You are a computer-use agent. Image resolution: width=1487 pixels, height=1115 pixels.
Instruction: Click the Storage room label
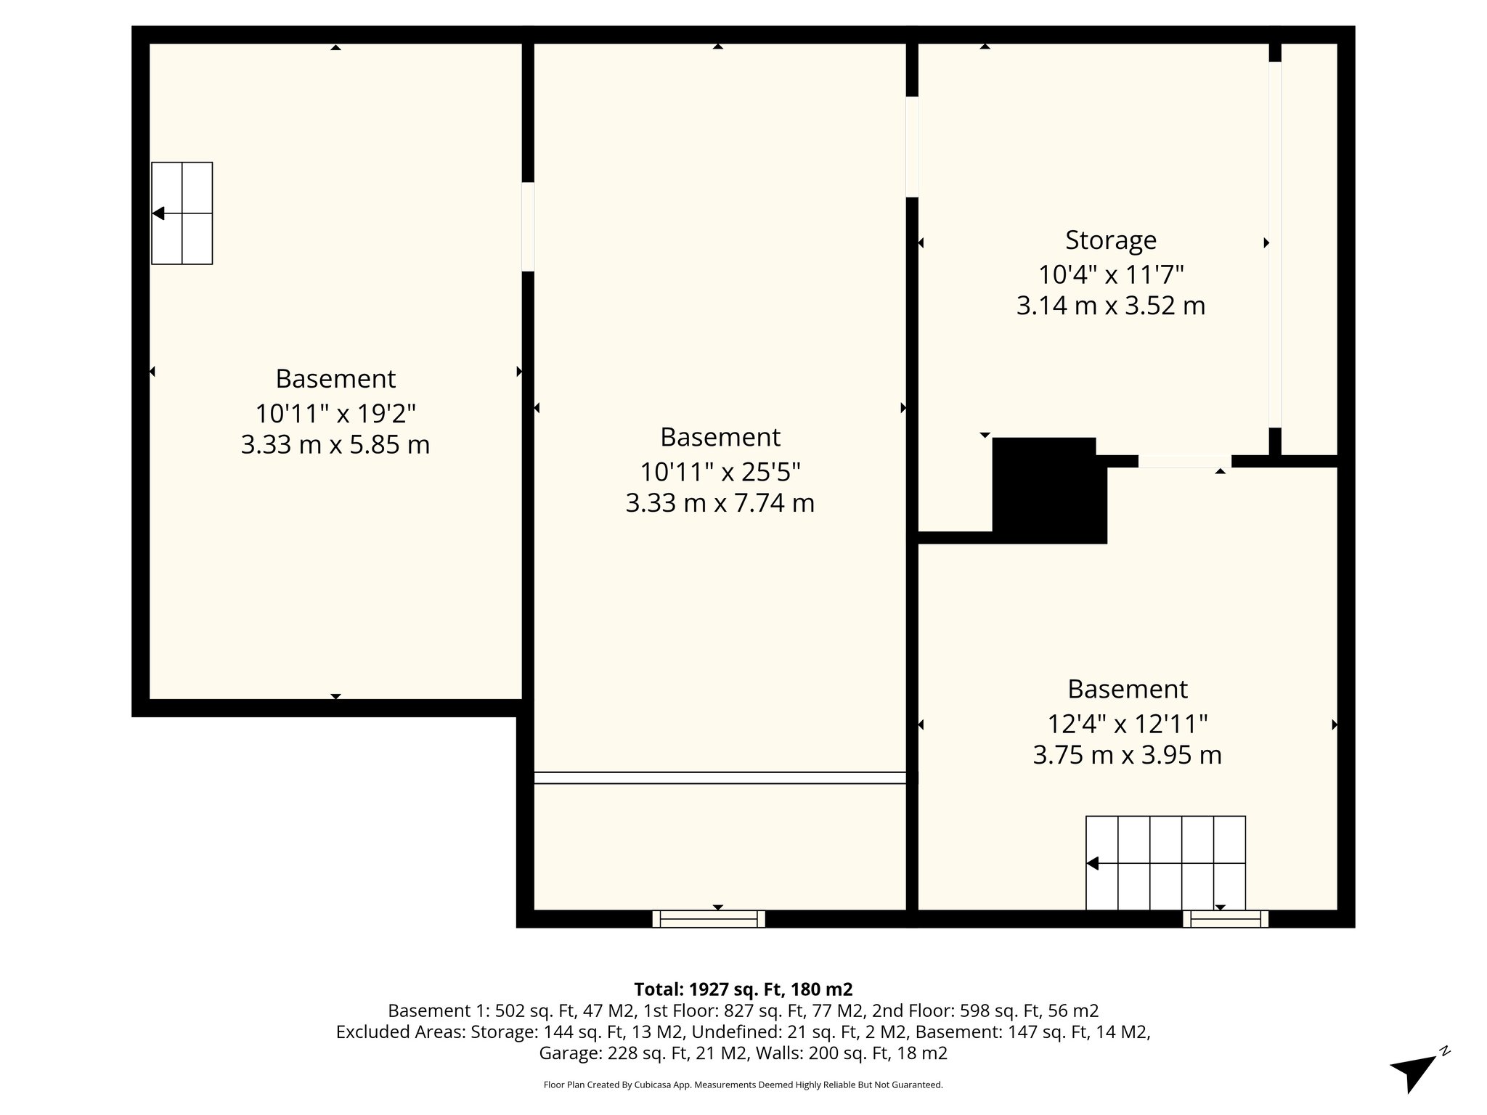pyautogui.click(x=1110, y=240)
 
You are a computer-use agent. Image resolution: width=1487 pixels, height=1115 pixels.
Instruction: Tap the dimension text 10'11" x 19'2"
pyautogui.click(x=335, y=414)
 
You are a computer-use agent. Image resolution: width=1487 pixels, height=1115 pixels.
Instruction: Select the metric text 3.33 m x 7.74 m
pyautogui.click(x=720, y=503)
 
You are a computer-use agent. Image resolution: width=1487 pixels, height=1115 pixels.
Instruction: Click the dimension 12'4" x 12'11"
pyautogui.click(x=1127, y=724)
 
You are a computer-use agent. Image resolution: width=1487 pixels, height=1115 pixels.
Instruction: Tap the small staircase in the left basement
pyautogui.click(x=182, y=213)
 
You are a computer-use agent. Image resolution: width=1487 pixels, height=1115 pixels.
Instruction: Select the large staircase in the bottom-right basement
pyautogui.click(x=1165, y=862)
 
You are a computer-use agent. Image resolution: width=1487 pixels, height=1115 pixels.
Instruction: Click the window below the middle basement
pyautogui.click(x=709, y=919)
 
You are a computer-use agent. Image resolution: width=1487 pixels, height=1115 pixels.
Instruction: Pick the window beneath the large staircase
pyautogui.click(x=1225, y=919)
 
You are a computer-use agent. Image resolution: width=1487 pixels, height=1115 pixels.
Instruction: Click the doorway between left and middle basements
pyautogui.click(x=528, y=226)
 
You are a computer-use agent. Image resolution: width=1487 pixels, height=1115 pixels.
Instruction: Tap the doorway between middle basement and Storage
pyautogui.click(x=912, y=147)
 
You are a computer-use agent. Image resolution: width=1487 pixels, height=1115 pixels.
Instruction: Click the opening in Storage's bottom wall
pyautogui.click(x=1184, y=462)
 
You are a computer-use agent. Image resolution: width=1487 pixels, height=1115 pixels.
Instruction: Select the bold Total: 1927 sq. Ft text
pyautogui.click(x=743, y=989)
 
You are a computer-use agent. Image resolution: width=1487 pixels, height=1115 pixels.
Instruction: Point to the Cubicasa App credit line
pyautogui.click(x=743, y=1085)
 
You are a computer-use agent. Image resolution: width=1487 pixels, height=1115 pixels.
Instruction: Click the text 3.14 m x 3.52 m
pyautogui.click(x=1110, y=306)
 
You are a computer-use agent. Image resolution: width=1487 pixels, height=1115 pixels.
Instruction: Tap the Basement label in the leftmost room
pyautogui.click(x=335, y=379)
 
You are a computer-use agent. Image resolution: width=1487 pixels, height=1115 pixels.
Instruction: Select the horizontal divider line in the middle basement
pyautogui.click(x=720, y=777)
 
